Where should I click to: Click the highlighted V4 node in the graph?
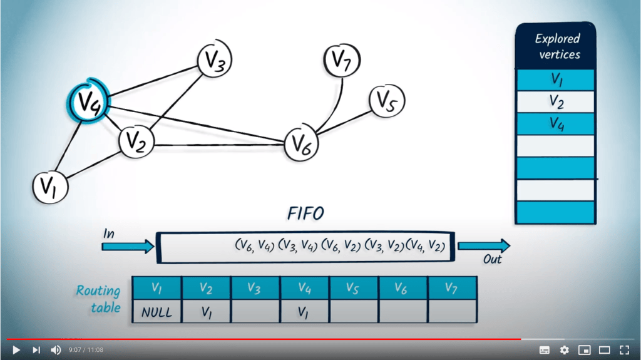point(87,100)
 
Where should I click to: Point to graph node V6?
point(302,143)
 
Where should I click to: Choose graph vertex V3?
point(215,61)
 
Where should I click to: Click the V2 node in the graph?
point(136,141)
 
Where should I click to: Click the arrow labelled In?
point(128,246)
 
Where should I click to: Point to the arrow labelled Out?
point(484,245)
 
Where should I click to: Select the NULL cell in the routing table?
point(156,311)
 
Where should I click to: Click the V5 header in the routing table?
point(354,288)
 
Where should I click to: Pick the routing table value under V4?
point(304,311)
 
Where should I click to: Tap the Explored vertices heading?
point(556,46)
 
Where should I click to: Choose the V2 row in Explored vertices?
point(556,101)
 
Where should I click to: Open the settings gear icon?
point(565,350)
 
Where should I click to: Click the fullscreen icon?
point(624,350)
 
